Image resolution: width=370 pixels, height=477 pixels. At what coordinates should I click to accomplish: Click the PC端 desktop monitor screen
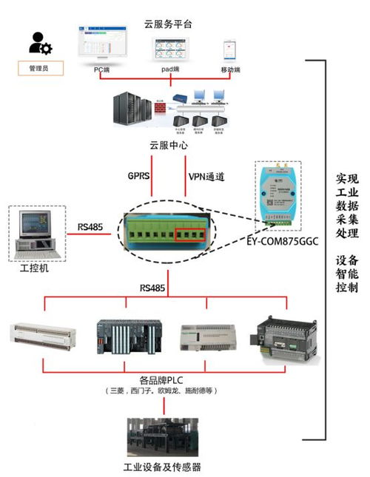[105, 47]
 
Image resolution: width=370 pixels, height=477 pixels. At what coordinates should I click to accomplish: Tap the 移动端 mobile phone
[229, 50]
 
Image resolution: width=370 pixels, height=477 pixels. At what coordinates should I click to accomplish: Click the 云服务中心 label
[168, 146]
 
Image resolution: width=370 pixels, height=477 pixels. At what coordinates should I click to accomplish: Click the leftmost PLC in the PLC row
[44, 336]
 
